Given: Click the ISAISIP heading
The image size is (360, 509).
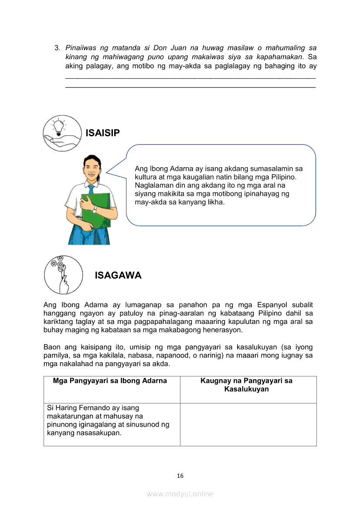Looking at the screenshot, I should tap(102, 133).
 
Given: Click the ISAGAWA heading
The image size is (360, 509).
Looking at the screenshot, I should tap(118, 276).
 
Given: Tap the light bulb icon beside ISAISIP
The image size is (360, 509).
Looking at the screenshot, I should tap(62, 133).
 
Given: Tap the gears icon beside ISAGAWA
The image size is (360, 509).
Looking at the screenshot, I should tap(63, 275).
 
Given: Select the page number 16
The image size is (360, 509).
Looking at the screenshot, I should tap(180, 475).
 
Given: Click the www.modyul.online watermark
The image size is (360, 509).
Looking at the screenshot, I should tap(180, 494).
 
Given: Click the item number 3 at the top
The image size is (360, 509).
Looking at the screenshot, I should tap(57, 47).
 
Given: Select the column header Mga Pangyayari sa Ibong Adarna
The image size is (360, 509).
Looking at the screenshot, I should tap(110, 381).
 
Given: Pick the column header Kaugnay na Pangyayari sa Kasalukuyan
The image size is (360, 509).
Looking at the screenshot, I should tap(246, 385).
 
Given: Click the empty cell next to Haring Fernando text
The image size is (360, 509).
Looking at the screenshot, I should tap(248, 425).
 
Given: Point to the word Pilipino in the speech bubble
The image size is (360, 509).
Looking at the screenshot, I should tap(284, 177).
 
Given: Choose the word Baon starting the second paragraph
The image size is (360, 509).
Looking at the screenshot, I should tap(52, 347).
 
